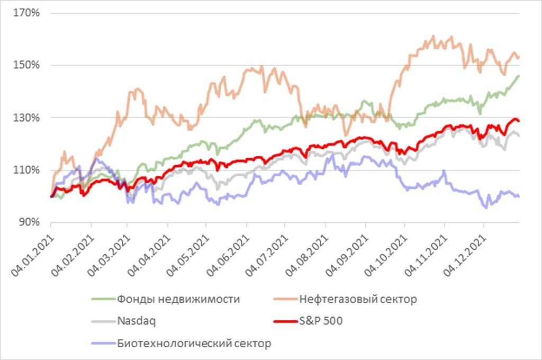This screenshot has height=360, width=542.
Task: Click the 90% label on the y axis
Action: coord(30,222)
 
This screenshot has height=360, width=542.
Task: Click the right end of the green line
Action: coord(519,76)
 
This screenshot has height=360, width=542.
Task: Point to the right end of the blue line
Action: coord(519,196)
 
